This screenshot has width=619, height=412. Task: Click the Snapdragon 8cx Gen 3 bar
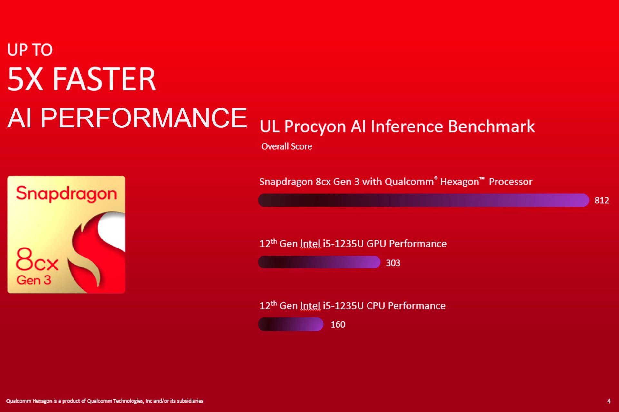click(423, 200)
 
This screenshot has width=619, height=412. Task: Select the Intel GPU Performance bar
click(319, 262)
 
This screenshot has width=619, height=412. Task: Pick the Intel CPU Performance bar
click(290, 324)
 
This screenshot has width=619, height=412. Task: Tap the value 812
click(602, 201)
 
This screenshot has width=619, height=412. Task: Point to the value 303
click(393, 263)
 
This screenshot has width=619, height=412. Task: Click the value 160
click(338, 324)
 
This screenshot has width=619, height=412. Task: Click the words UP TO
click(30, 50)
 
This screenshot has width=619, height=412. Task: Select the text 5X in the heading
click(25, 79)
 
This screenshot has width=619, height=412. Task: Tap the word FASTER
click(104, 79)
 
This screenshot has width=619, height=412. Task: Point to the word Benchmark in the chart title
click(491, 126)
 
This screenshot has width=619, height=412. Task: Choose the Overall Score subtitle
click(287, 146)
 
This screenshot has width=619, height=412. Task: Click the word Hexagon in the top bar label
click(460, 182)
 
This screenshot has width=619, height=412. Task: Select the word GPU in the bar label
click(377, 244)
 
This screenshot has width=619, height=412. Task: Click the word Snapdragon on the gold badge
click(66, 194)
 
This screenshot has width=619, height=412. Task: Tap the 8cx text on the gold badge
click(37, 259)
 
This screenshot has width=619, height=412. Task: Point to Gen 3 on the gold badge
click(34, 280)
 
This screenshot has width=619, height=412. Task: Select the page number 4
click(609, 401)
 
